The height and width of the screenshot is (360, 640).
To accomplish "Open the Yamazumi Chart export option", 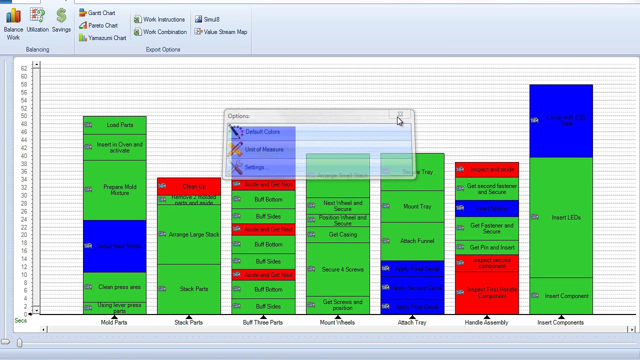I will click(102, 38).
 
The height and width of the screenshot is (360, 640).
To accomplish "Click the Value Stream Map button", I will click(221, 32).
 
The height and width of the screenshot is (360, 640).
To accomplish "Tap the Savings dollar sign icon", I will click(61, 16).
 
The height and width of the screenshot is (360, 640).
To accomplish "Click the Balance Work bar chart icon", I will click(13, 16).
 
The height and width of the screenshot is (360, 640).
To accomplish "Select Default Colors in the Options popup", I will click(262, 132).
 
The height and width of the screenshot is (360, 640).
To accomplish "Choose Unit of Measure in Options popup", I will click(263, 149).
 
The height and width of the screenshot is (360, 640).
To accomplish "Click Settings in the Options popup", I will click(254, 167).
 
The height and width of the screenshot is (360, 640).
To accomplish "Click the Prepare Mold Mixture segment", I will click(119, 190).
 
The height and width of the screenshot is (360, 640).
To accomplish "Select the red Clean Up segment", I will click(193, 186).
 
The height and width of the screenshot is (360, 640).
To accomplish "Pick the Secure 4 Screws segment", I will click(342, 269).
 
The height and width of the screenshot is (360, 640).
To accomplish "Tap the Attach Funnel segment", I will click(417, 241).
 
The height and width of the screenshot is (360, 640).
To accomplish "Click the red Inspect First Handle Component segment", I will click(491, 293).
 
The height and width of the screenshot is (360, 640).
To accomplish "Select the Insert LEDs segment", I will click(566, 217).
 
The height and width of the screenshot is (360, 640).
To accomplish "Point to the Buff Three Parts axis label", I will click(262, 322).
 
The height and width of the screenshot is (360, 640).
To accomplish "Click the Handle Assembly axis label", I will click(486, 322).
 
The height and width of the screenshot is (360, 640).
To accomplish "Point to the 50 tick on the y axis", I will click(24, 116).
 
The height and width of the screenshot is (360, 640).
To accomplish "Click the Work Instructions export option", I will click(163, 19).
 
